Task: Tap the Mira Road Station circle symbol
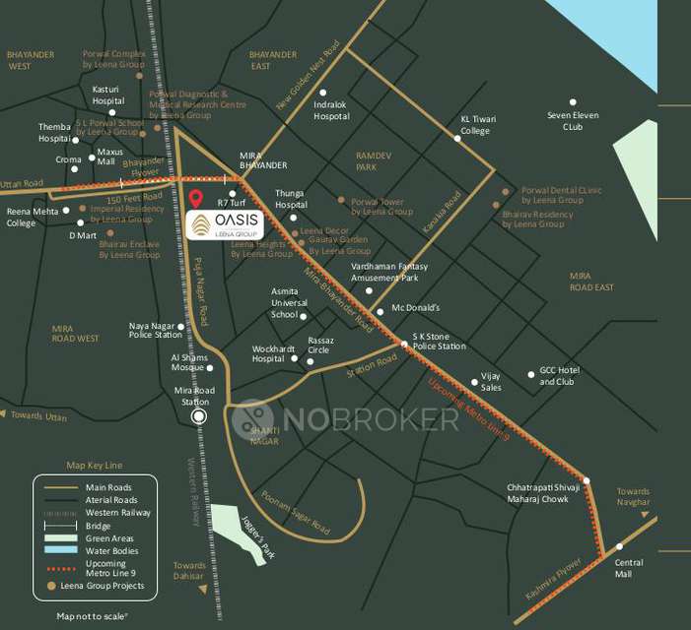click(199, 416)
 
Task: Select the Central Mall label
click(629, 568)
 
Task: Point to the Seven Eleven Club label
click(573, 121)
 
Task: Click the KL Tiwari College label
click(477, 125)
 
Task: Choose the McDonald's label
click(415, 309)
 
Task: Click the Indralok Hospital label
click(331, 110)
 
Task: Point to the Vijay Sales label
click(491, 382)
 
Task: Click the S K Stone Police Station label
click(439, 342)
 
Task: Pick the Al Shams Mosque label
click(187, 362)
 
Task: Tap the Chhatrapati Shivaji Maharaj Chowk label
click(538, 493)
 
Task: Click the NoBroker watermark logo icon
click(251, 418)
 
